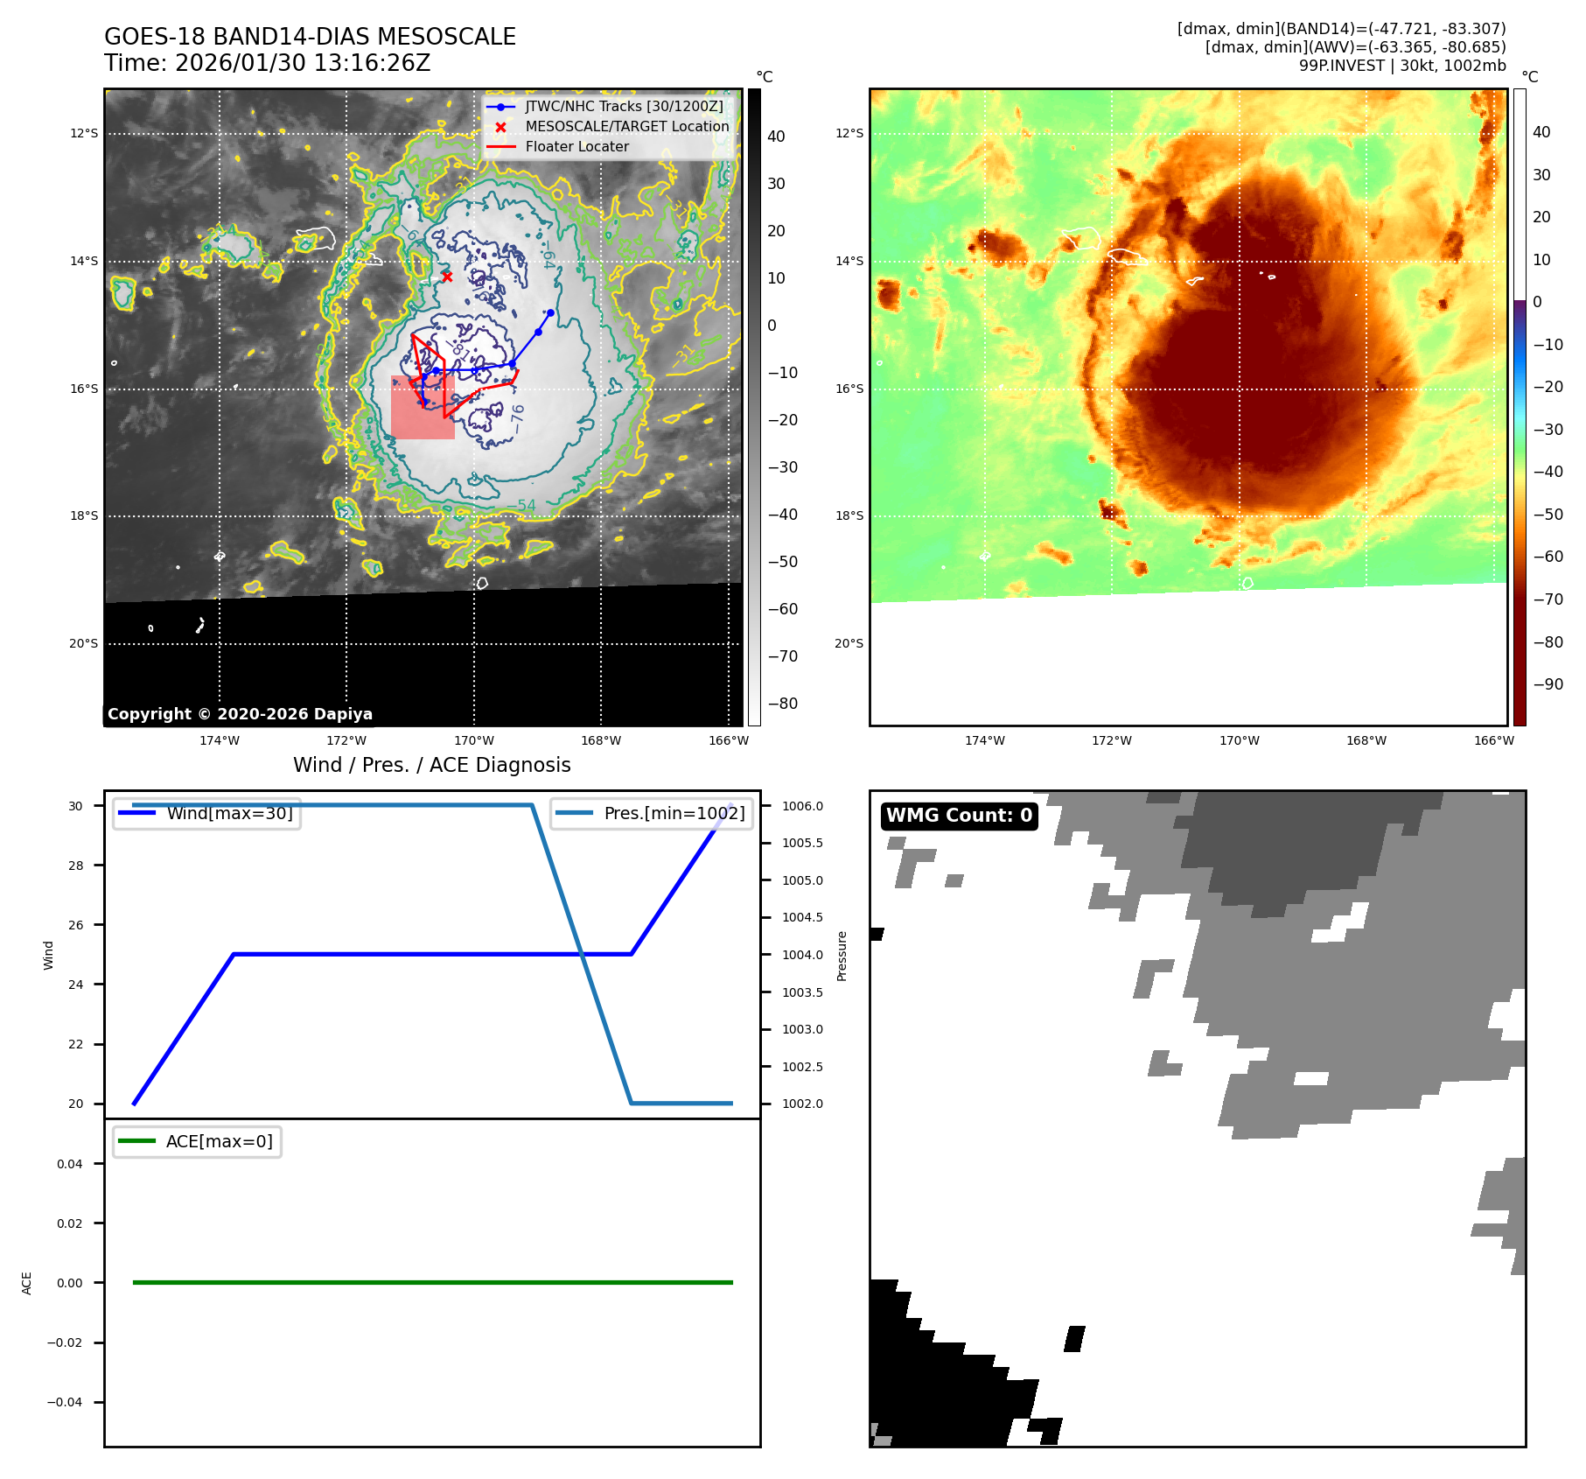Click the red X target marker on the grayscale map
point(447,277)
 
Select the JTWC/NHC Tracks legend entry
point(624,106)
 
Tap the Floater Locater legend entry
point(576,146)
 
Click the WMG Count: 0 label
point(959,816)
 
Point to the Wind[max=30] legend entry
point(229,813)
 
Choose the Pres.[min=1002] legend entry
point(674,813)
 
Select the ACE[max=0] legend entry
point(219,1141)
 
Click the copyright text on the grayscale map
point(240,714)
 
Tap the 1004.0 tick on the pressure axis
point(802,955)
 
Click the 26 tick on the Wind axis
point(76,925)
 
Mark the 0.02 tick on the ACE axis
point(70,1223)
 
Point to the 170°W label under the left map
point(474,740)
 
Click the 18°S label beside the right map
point(849,515)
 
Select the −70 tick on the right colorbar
point(1548,599)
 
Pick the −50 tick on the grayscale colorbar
point(782,562)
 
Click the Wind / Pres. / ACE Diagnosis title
point(431,765)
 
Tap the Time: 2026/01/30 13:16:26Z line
point(267,63)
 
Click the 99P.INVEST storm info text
point(1401,66)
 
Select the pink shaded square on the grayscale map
point(423,408)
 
